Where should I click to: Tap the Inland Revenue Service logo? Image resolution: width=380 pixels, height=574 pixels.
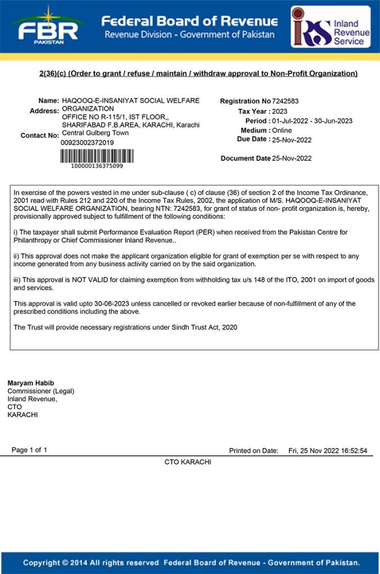tap(330, 27)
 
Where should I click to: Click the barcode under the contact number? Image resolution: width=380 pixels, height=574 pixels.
tap(97, 155)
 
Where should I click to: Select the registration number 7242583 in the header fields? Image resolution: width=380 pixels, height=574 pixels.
tap(285, 101)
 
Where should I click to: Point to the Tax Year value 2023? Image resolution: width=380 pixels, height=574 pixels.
tap(280, 112)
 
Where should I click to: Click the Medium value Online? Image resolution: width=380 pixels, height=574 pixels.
tap(282, 131)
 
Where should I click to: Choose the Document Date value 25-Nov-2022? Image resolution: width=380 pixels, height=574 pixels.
tap(292, 159)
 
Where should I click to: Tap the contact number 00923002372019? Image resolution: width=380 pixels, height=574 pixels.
tap(87, 143)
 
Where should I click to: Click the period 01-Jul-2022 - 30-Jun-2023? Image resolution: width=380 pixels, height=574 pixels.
tap(312, 121)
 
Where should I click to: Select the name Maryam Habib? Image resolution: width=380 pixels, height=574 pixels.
tap(26, 383)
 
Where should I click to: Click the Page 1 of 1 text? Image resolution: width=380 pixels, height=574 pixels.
tap(29, 450)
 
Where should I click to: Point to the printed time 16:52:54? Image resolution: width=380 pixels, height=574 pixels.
tap(351, 451)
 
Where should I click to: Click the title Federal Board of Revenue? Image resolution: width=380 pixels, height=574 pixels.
tap(189, 21)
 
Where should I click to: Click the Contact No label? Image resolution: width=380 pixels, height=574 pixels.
tap(39, 136)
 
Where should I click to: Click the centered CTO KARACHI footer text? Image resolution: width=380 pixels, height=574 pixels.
tap(187, 462)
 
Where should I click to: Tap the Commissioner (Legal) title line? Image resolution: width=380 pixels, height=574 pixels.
tap(40, 391)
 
